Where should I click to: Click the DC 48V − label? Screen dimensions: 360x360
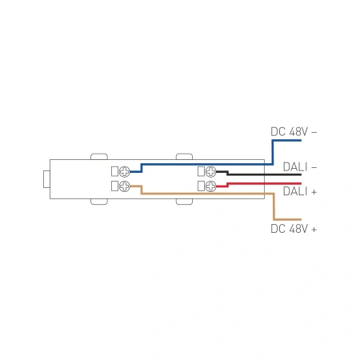point(294,130)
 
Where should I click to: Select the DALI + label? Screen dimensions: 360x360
point(299,192)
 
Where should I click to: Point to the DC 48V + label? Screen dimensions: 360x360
point(294,229)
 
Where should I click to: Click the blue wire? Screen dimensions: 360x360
point(208,163)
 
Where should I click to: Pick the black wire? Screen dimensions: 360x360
point(264,174)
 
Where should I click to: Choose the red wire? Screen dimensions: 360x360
point(264,183)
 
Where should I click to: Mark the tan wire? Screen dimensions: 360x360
point(208,194)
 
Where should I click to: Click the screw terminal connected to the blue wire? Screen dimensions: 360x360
point(124,172)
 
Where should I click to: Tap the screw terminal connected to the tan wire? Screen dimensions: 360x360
point(124,186)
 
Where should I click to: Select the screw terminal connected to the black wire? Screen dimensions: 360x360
point(211,172)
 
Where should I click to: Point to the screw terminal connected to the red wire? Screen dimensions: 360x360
point(211,186)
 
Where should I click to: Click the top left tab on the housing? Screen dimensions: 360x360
point(99,154)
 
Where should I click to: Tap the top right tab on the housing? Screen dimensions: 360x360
point(183,154)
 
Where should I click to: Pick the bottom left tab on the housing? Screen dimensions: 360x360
point(99,203)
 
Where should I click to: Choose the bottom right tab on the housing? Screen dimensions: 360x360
point(183,203)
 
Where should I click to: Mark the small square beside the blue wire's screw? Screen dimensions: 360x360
point(114,172)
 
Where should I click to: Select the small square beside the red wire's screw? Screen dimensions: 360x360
point(201,186)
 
